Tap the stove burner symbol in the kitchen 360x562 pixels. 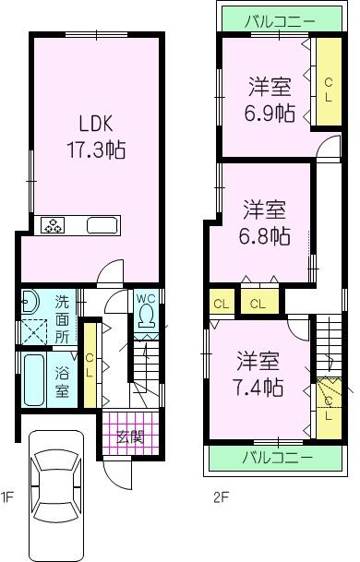(53, 224)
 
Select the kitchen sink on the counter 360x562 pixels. (101, 224)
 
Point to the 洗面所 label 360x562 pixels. (62, 318)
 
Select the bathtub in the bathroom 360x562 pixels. (33, 379)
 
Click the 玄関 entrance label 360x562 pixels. (129, 437)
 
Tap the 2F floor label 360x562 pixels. (221, 498)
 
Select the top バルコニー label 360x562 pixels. (280, 19)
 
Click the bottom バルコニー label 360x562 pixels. (278, 456)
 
